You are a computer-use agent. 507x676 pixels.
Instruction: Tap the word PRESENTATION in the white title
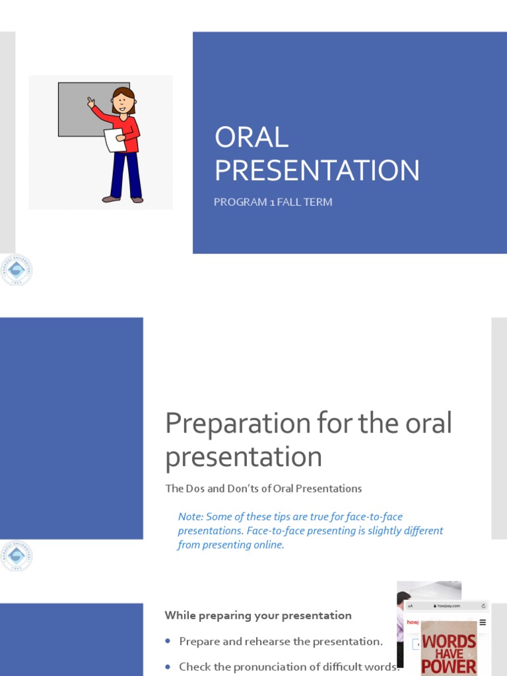coord(317,170)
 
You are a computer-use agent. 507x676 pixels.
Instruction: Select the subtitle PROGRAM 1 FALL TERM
coord(273,202)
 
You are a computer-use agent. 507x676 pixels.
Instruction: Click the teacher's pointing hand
coord(91,102)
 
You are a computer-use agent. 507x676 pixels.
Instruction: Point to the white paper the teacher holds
coord(114,140)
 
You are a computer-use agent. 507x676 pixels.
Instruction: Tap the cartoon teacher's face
coord(123,102)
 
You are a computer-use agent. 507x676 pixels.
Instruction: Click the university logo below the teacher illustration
coord(15,270)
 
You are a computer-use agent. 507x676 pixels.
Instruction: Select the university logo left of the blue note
coord(15,556)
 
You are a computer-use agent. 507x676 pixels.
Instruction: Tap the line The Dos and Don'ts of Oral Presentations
coord(263,489)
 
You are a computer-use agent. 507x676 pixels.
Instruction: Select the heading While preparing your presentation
coord(257,615)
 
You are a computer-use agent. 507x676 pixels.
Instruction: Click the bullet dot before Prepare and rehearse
coord(168,641)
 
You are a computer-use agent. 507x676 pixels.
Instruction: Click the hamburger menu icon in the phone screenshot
coord(483,622)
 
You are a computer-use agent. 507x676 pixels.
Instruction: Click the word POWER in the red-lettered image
coord(449,665)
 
